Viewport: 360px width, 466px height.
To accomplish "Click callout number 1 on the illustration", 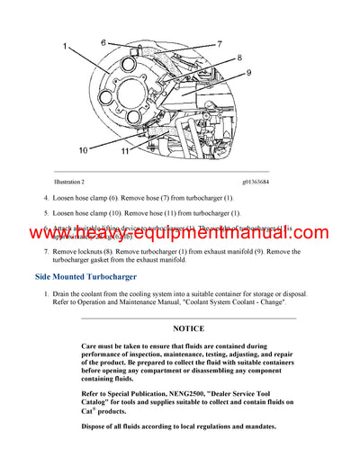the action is [x=65, y=46].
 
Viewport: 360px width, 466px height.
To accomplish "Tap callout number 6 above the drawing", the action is [x=103, y=42].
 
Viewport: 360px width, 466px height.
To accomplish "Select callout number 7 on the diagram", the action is [x=219, y=44].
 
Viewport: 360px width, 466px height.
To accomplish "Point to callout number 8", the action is [x=239, y=59].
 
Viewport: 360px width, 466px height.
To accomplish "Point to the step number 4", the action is [x=46, y=197].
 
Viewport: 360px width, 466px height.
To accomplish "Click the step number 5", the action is [x=46, y=213].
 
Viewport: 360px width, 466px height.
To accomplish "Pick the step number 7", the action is [x=46, y=251].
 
